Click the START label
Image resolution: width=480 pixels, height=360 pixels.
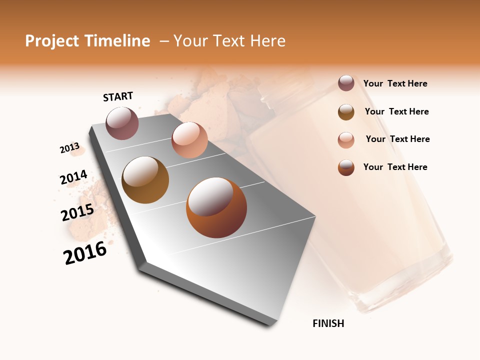pyautogui.click(x=118, y=96)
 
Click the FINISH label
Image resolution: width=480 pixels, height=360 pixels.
pyautogui.click(x=328, y=323)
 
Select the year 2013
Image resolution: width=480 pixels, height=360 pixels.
pyautogui.click(x=69, y=148)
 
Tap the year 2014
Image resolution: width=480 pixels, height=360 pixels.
pyautogui.click(x=73, y=177)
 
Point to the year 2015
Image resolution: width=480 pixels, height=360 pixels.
pyautogui.click(x=77, y=212)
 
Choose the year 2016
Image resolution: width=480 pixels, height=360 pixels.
pyautogui.click(x=85, y=253)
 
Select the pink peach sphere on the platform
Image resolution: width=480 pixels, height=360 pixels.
pyautogui.click(x=189, y=140)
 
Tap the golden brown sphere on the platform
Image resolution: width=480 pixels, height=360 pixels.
pyautogui.click(x=145, y=180)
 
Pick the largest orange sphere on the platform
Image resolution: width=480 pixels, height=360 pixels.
pyautogui.click(x=216, y=207)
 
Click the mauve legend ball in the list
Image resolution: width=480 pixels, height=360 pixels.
pyautogui.click(x=346, y=83)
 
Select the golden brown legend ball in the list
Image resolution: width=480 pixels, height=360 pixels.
pyautogui.click(x=346, y=112)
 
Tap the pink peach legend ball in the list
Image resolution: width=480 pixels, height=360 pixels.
pyautogui.click(x=346, y=140)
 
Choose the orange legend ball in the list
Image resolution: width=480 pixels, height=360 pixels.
pyautogui.click(x=346, y=167)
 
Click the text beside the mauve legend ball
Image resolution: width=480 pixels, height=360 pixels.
pyautogui.click(x=395, y=83)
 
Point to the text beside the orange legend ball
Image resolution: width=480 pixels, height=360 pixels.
pyautogui.click(x=395, y=167)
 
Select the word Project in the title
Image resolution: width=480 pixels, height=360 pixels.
pyautogui.click(x=52, y=41)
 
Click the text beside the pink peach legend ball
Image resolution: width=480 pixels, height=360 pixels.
pyautogui.click(x=397, y=139)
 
